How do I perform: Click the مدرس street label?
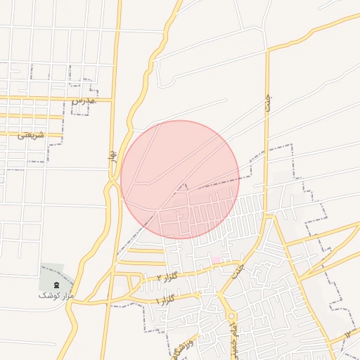pos(82,101)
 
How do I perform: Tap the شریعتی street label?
pos(31,135)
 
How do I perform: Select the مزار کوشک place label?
pos(56,296)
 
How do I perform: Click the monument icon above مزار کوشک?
pos(57,284)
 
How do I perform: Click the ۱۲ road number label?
pos(350,332)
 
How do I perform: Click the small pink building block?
pos(216,260)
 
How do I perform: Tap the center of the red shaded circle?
pos(180,180)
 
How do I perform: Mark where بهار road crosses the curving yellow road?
pos(112,184)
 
